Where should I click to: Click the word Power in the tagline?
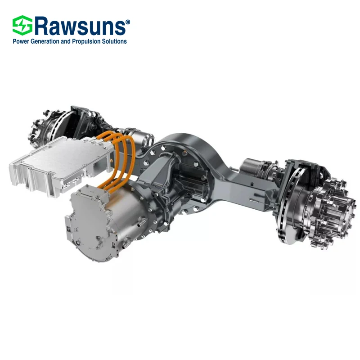pos(21,41)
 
